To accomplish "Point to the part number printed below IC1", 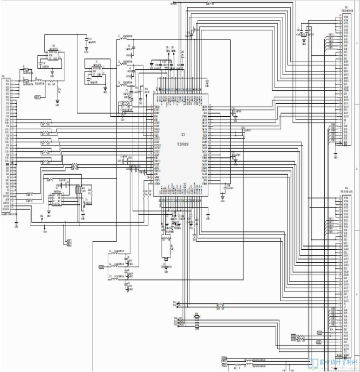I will click(182, 144).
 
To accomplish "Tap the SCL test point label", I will click(42, 216).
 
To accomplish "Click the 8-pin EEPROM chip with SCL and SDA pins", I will click(56, 199).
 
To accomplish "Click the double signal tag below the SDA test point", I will click(69, 243).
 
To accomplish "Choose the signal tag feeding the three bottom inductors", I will click(101, 267).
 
